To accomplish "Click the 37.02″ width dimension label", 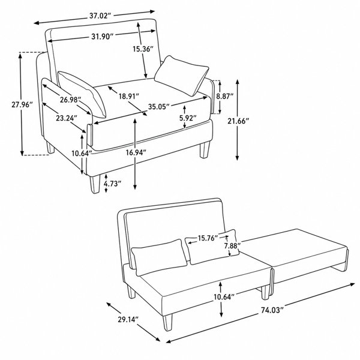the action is tap(100, 16).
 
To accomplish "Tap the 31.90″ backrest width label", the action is tap(103, 37).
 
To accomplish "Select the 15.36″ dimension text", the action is tap(143, 49).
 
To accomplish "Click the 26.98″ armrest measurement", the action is tap(70, 100).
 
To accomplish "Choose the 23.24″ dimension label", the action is tap(67, 118).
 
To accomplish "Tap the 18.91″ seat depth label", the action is tap(129, 96).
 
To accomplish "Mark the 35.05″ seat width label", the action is tap(159, 107).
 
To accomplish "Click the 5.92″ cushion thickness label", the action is tap(188, 118).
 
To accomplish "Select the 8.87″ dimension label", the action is tap(225, 96).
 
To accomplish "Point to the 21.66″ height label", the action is tap(238, 121).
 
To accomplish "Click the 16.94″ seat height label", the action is tap(136, 152).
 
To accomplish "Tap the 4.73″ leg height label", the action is tap(112, 184).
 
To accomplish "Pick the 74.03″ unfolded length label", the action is tap(272, 310).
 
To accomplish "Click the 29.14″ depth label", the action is tap(128, 319).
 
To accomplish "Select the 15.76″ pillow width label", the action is tap(208, 238).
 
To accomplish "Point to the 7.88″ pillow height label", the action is tap(232, 245).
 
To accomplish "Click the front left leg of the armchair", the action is tap(95, 184).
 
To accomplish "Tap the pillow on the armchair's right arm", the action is tap(181, 76).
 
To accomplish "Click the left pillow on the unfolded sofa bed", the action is tap(159, 257).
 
